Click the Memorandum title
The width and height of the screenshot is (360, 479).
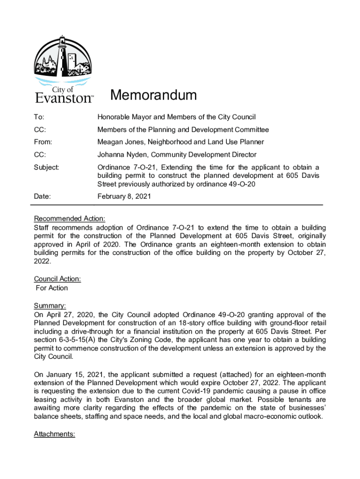click(x=153, y=95)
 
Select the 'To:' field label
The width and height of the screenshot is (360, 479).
click(x=40, y=117)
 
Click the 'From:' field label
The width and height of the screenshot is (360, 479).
click(x=43, y=142)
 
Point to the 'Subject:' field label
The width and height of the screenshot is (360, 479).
click(x=46, y=167)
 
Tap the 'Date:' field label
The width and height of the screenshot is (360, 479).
click(x=42, y=197)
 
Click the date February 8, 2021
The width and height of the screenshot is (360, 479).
click(x=124, y=197)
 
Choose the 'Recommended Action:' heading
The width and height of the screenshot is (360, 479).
click(x=70, y=218)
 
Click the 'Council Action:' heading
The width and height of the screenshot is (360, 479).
click(x=58, y=279)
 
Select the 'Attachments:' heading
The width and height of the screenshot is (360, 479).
click(x=55, y=434)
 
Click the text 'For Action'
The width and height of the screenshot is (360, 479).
click(x=52, y=288)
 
